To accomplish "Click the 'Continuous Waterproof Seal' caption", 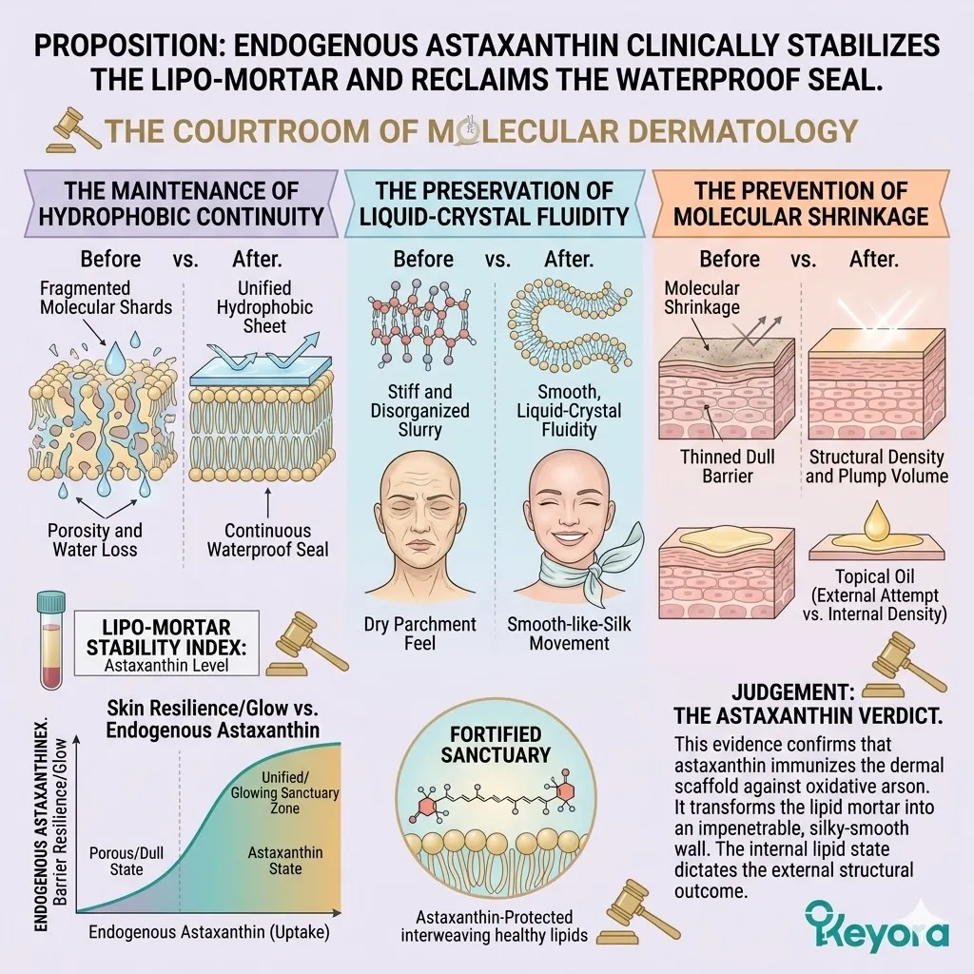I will pos(267,539).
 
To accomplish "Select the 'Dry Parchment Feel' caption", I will pos(419,633).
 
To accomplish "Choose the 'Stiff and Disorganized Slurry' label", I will pos(419,411).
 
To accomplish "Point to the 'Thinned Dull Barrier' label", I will pos(725,465).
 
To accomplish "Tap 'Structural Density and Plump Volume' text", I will pos(876,465).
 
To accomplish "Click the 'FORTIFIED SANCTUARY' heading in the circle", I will pos(509,745).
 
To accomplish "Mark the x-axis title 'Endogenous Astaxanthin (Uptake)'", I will pos(209,932).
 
